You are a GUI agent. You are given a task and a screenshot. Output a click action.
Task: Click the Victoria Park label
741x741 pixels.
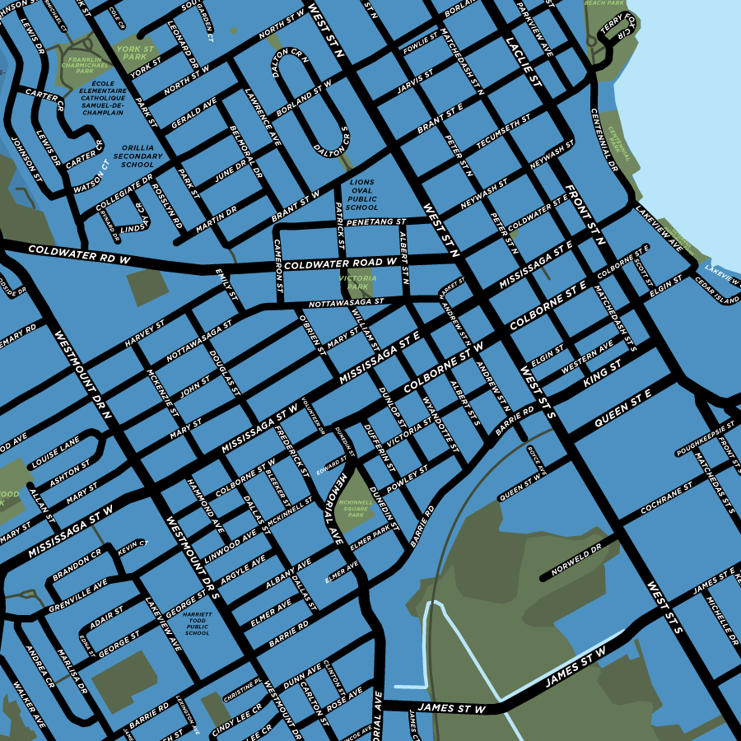[x=358, y=283]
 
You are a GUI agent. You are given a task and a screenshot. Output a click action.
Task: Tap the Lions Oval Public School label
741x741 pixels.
[x=362, y=195]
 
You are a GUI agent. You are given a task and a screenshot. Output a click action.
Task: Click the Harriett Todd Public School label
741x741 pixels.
[x=198, y=623]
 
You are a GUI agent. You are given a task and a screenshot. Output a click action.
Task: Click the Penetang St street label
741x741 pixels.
[x=375, y=222]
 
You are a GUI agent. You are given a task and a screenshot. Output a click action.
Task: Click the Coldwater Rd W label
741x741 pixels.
[x=80, y=253]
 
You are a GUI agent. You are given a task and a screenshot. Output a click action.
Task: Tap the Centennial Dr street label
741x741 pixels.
[x=607, y=140]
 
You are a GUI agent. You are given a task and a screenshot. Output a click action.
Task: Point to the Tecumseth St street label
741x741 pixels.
[x=503, y=131]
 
